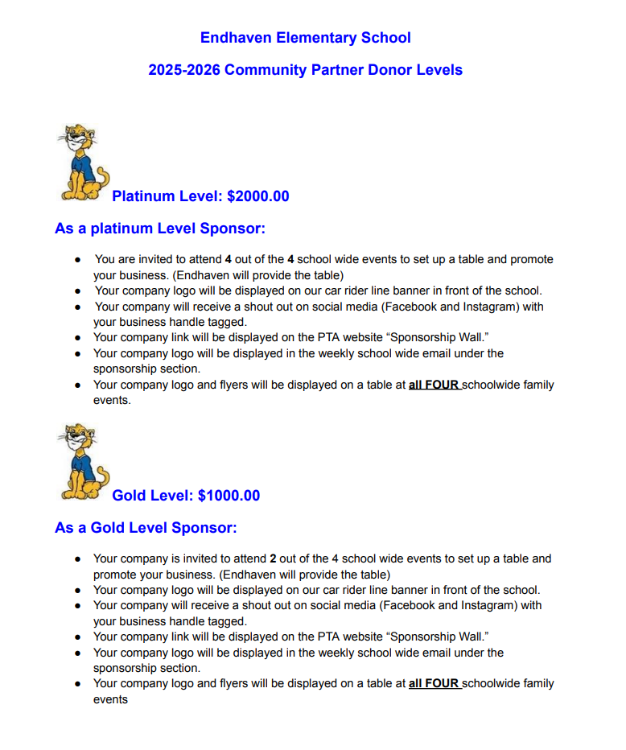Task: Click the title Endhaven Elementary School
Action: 305,38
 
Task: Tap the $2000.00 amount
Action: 258,196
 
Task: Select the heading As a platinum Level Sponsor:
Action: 159,229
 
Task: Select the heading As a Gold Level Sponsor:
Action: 146,528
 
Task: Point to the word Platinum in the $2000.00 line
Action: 143,196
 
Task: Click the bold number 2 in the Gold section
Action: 273,558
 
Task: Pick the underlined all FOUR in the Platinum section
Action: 434,385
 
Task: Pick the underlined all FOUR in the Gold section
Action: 434,684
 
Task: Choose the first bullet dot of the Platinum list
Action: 77,260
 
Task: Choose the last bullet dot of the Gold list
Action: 77,684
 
